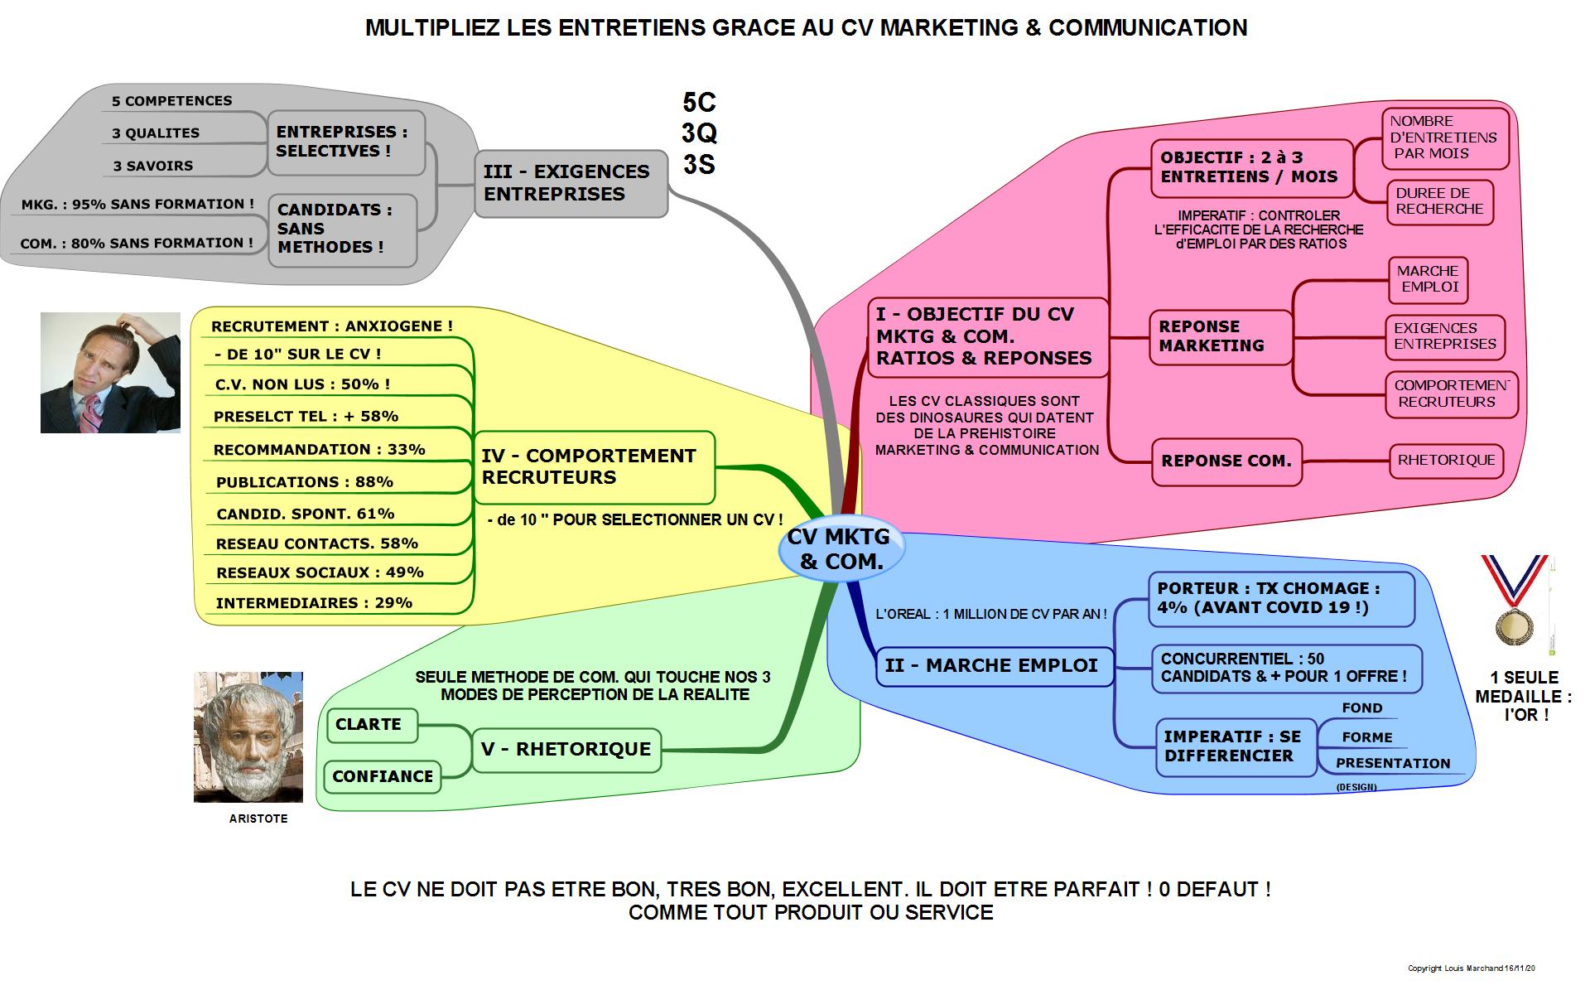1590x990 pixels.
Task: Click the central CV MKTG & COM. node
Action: [x=840, y=549]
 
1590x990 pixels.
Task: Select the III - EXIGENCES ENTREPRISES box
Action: [x=571, y=183]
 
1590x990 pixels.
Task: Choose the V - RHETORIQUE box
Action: [x=566, y=750]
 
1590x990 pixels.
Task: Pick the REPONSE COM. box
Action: [x=1226, y=461]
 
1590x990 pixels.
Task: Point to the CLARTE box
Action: [x=371, y=725]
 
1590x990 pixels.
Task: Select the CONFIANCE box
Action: [x=382, y=777]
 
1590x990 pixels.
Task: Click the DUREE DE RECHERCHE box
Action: [x=1439, y=201]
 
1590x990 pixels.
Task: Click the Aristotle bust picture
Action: [x=248, y=736]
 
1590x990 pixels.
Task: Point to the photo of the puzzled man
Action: [x=110, y=372]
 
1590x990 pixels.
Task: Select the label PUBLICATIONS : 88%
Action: [x=304, y=482]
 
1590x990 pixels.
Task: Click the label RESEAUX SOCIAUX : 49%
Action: [x=320, y=572]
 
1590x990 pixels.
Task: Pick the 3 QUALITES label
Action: [x=156, y=133]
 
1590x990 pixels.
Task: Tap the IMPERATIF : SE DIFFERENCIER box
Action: [x=1234, y=746]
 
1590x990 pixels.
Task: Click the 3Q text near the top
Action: [x=699, y=133]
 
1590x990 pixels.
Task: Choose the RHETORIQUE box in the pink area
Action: [x=1446, y=461]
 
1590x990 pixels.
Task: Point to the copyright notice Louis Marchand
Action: [x=1472, y=968]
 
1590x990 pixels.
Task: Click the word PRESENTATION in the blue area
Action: [x=1393, y=764]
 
